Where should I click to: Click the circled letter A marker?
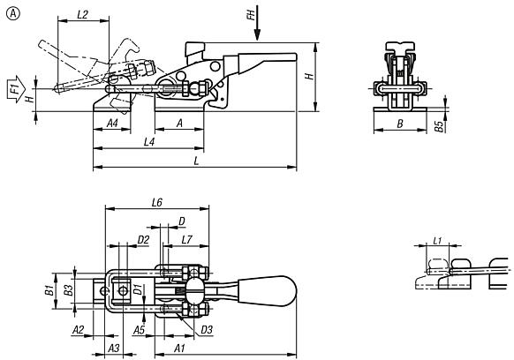pyautogui.click(x=12, y=13)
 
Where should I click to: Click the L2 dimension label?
pyautogui.click(x=83, y=14)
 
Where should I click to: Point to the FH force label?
pyautogui.click(x=251, y=15)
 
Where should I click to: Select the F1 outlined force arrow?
pyautogui.click(x=16, y=89)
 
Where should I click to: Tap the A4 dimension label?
pyautogui.click(x=112, y=124)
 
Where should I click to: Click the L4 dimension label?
pyautogui.click(x=149, y=142)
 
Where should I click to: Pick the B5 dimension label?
pyautogui.click(x=439, y=126)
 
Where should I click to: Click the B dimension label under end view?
pyautogui.click(x=399, y=124)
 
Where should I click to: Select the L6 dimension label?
pyautogui.click(x=157, y=203)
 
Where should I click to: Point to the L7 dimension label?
pyautogui.click(x=186, y=240)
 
